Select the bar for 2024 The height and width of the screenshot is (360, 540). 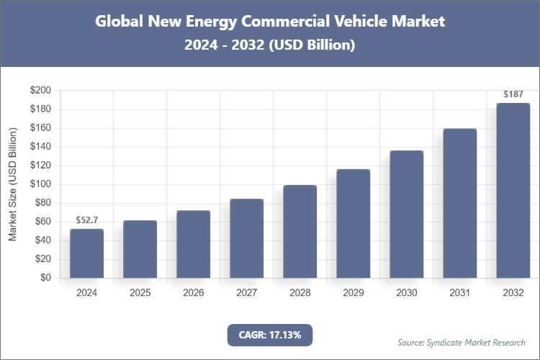click(x=86, y=253)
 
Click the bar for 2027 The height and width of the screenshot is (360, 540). click(x=246, y=238)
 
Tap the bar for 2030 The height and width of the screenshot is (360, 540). click(x=406, y=215)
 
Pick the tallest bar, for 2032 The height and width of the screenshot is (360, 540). click(x=513, y=191)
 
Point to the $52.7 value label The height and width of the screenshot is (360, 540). click(x=86, y=220)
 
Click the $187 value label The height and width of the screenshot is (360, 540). click(x=513, y=94)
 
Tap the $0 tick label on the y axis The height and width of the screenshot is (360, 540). click(x=45, y=278)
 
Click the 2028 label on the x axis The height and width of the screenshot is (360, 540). click(x=300, y=293)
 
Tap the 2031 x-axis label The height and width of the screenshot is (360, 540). click(x=459, y=293)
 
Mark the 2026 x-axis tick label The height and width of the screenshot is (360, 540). click(x=193, y=293)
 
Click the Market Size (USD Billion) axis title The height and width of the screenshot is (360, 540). click(x=12, y=184)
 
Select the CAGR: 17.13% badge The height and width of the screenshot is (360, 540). click(x=270, y=335)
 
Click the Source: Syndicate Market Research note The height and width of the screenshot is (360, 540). click(x=462, y=342)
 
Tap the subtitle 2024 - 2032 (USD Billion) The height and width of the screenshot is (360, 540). click(x=270, y=45)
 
